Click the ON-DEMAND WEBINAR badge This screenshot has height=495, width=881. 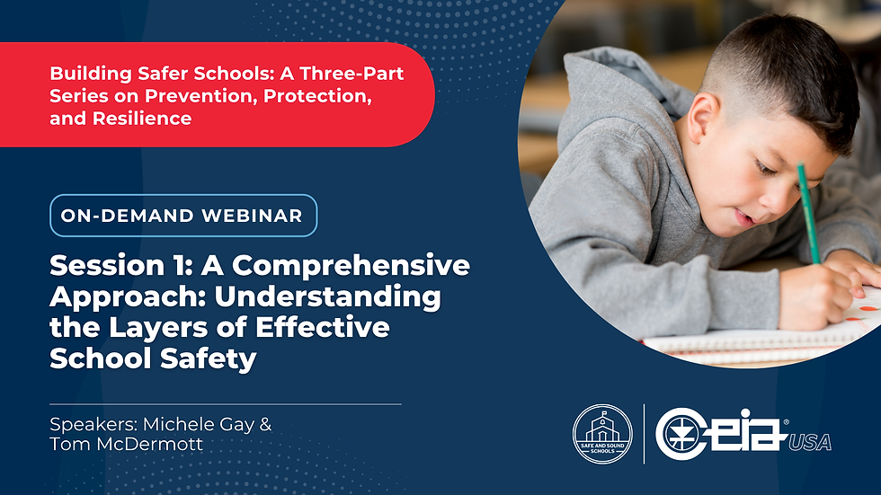[x=183, y=216]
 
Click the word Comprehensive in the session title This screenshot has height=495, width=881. [x=351, y=266]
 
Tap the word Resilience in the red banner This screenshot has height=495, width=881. [x=142, y=119]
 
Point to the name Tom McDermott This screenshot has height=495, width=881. [x=126, y=444]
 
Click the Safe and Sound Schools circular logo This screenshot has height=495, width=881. [x=602, y=434]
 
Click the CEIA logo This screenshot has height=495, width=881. [x=721, y=433]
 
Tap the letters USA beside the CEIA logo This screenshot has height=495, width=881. [x=810, y=443]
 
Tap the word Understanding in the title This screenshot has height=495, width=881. [x=327, y=297]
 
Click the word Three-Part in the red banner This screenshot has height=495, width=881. [x=352, y=74]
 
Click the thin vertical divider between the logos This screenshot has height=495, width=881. [x=644, y=434]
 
